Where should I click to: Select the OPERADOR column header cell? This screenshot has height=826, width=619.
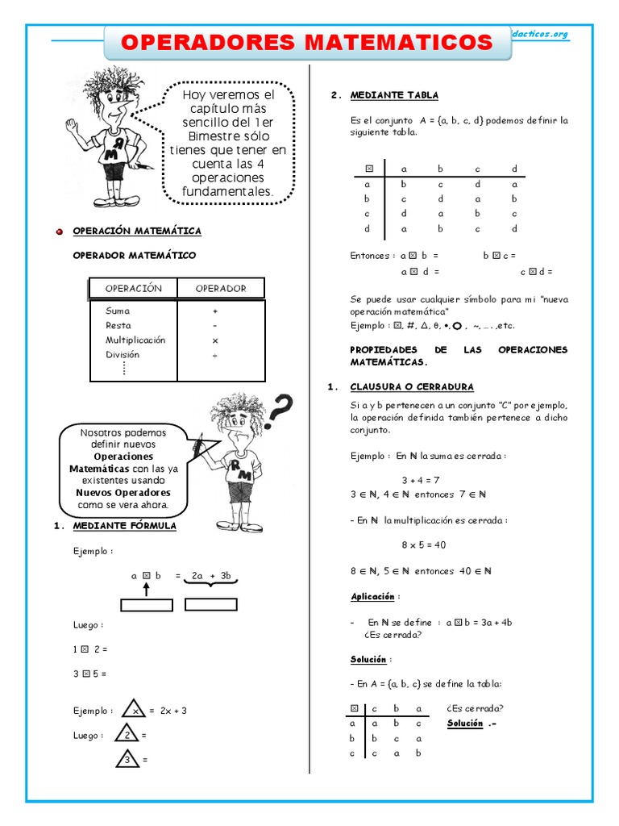(x=221, y=288)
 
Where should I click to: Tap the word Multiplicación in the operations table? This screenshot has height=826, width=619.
(x=135, y=340)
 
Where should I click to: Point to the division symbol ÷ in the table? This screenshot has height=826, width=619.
(x=215, y=354)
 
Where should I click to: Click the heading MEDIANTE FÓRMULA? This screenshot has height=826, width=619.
(x=124, y=526)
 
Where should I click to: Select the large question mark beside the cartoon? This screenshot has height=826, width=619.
(x=278, y=412)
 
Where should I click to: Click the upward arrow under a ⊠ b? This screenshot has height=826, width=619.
(x=147, y=590)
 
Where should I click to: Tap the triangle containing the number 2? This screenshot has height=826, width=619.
(x=127, y=736)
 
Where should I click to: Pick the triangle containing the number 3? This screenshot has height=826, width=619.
(x=127, y=759)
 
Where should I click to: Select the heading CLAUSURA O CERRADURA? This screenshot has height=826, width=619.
(x=412, y=387)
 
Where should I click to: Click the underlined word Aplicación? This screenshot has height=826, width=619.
(x=372, y=597)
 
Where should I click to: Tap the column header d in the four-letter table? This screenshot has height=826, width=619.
(x=513, y=169)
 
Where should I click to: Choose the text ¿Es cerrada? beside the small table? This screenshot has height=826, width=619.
(x=475, y=708)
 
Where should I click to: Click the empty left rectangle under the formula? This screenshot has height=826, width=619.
(x=147, y=605)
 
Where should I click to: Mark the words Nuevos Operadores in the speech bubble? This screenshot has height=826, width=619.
(x=123, y=492)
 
